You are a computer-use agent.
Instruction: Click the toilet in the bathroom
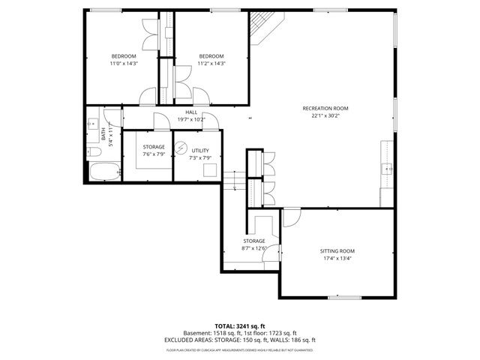tap(94, 153)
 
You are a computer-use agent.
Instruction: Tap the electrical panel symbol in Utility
tap(180, 146)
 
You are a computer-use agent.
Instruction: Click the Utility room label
tap(200, 151)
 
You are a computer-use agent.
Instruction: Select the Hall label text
tap(191, 112)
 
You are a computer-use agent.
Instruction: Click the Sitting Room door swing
tap(291, 217)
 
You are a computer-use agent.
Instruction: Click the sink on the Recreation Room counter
tap(388, 169)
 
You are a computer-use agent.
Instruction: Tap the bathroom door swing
tap(112, 116)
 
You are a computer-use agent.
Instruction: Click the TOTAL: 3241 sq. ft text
tap(239, 326)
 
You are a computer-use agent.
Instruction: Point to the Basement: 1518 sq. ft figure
tap(211, 333)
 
